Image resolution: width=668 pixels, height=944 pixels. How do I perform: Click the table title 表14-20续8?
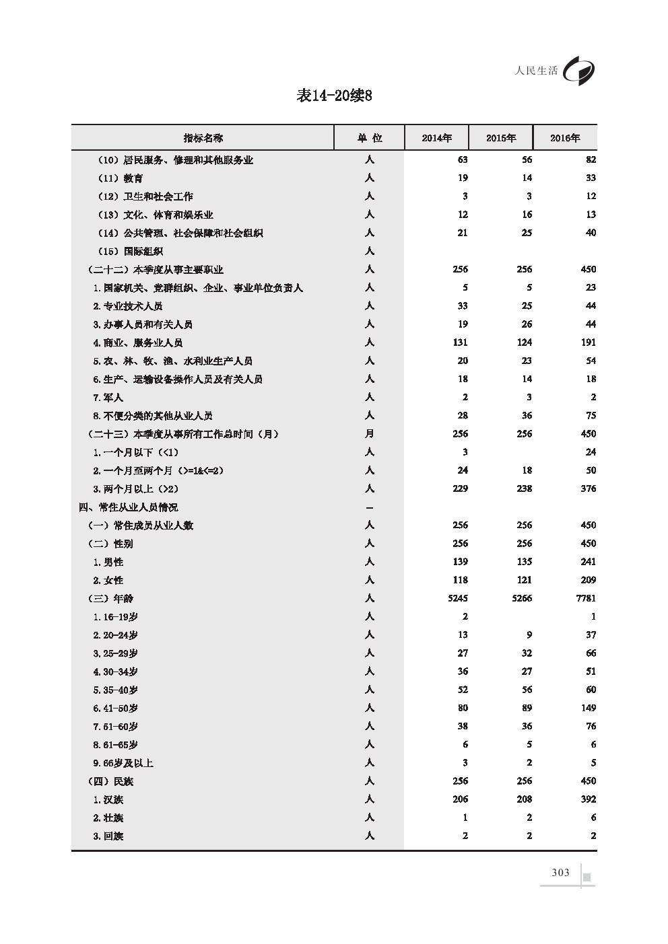pyautogui.click(x=334, y=96)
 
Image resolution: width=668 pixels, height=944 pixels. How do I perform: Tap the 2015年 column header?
pyautogui.click(x=501, y=138)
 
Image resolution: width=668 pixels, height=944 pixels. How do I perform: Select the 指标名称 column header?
pyautogui.click(x=203, y=138)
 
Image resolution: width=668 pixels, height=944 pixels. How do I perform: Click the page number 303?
pyautogui.click(x=560, y=873)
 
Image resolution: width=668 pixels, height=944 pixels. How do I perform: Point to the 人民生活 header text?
pyautogui.click(x=535, y=71)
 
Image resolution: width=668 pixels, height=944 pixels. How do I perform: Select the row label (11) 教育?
pyautogui.click(x=121, y=178)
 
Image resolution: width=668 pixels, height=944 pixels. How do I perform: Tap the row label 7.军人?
pyautogui.click(x=108, y=398)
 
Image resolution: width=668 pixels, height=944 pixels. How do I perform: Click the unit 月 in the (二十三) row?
pyautogui.click(x=369, y=434)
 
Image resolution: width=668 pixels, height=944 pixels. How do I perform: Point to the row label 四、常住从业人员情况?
pyautogui.click(x=128, y=507)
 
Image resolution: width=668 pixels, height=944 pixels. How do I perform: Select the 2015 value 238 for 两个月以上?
pyautogui.click(x=523, y=489)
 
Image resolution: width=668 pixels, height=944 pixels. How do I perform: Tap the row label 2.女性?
pyautogui.click(x=108, y=580)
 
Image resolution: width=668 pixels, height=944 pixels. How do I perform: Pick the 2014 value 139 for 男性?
pyautogui.click(x=459, y=562)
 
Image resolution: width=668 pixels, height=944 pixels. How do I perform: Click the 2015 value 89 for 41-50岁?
pyautogui.click(x=526, y=708)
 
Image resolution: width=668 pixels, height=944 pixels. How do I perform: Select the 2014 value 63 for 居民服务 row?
pyautogui.click(x=461, y=160)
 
